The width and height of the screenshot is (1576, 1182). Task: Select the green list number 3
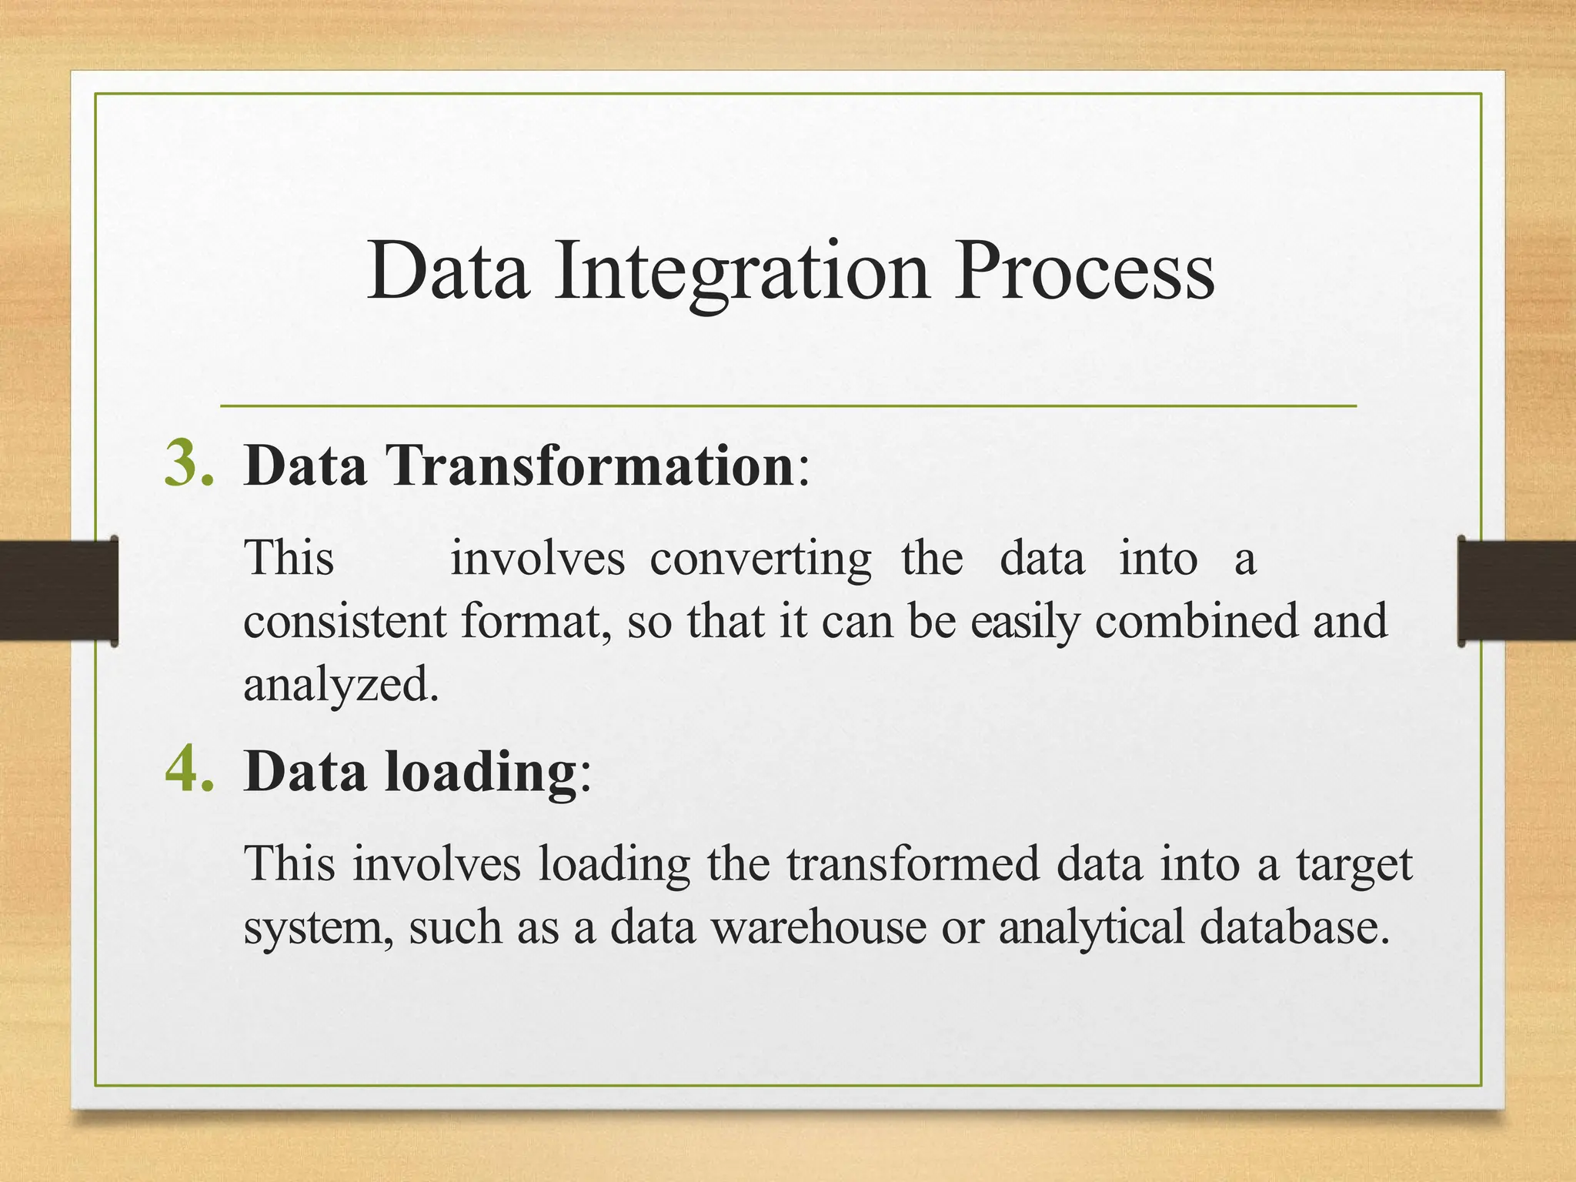189,464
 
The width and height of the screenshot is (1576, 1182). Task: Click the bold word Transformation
591,466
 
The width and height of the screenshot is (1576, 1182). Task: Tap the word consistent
344,621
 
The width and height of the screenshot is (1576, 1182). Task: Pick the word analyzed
341,684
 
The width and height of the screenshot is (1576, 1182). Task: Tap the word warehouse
818,927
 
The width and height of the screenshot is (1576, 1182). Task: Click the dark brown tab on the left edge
58,590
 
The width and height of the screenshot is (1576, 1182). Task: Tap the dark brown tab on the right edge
1517,590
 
